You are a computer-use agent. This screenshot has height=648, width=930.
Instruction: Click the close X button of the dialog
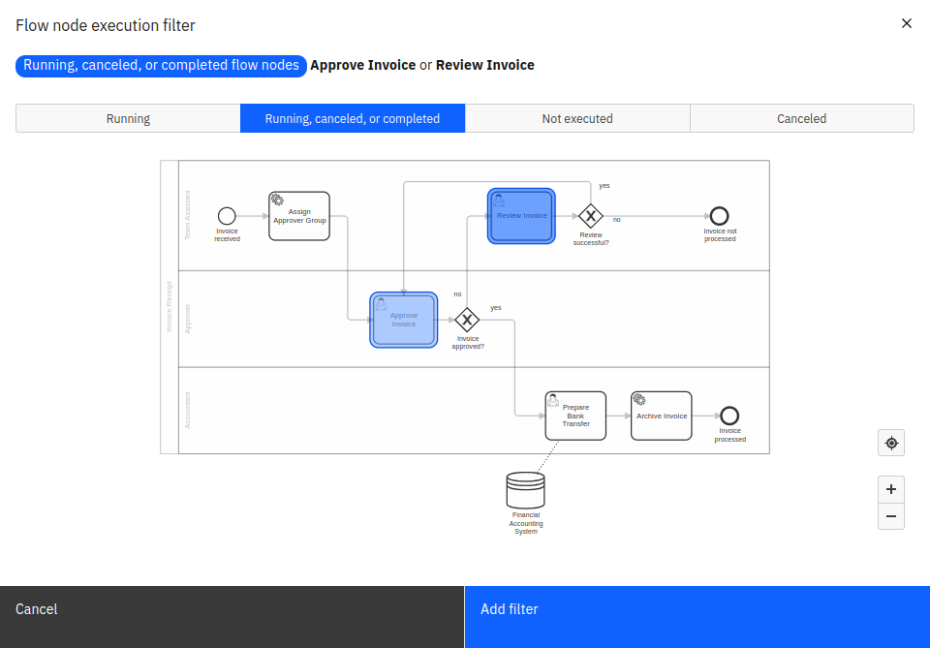click(x=907, y=23)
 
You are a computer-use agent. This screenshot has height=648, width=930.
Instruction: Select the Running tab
click(x=128, y=118)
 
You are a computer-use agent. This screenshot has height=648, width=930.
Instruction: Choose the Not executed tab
click(x=577, y=118)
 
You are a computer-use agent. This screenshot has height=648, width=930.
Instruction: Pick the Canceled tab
click(x=801, y=118)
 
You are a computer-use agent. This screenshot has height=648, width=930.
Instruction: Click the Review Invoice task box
click(x=521, y=216)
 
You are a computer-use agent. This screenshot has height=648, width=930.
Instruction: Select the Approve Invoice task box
click(x=404, y=320)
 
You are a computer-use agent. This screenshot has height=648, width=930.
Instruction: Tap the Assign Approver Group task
click(x=299, y=216)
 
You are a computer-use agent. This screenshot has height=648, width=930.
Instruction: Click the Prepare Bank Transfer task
click(x=575, y=416)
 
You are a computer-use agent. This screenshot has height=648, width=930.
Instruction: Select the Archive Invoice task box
click(x=662, y=416)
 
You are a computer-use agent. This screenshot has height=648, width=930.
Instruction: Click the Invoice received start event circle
click(x=227, y=216)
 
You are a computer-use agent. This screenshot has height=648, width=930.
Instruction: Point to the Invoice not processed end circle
click(x=719, y=216)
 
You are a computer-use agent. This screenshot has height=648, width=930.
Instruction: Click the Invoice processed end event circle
click(x=729, y=416)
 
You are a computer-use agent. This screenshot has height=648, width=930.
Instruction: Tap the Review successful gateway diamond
click(x=590, y=216)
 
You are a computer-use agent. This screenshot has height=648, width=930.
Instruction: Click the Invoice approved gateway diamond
click(x=467, y=320)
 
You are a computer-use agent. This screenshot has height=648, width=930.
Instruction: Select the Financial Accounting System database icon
click(x=525, y=491)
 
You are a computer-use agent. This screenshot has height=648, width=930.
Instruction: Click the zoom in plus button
click(x=891, y=489)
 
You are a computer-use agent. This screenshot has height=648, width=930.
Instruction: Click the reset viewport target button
click(x=891, y=444)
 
